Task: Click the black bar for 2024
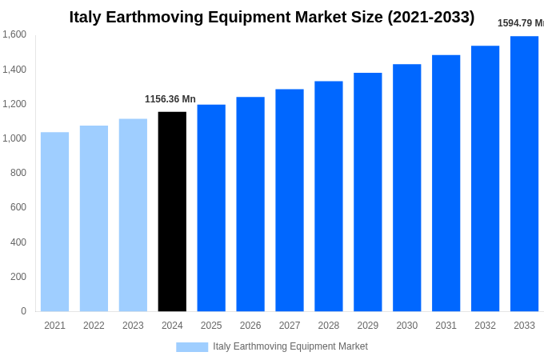click(x=172, y=211)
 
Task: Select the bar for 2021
click(x=54, y=222)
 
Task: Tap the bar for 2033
click(x=524, y=174)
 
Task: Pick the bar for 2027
click(x=290, y=200)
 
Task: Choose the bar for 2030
click(x=406, y=188)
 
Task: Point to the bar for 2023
click(x=133, y=215)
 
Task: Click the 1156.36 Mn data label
click(x=170, y=99)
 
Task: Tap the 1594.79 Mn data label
click(x=521, y=23)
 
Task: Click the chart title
click(x=271, y=17)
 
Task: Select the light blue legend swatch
click(x=192, y=347)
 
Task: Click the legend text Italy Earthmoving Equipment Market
click(x=290, y=346)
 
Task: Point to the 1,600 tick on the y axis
click(x=14, y=34)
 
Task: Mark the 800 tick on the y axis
click(x=18, y=173)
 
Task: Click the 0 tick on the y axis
click(x=23, y=311)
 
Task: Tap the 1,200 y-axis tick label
click(x=14, y=104)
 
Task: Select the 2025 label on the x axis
click(x=211, y=326)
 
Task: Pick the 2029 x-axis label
click(x=367, y=326)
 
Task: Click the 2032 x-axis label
click(x=485, y=326)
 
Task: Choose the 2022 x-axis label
click(x=94, y=326)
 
